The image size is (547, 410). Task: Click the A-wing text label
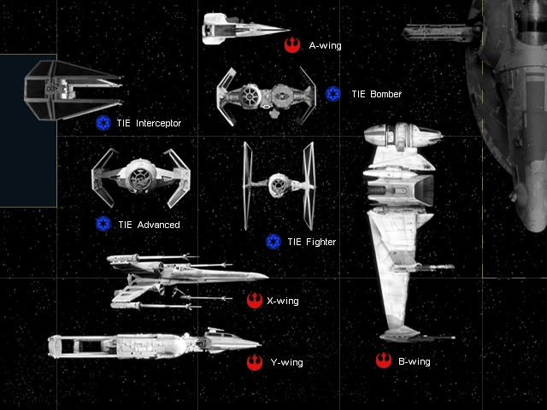coord(325,45)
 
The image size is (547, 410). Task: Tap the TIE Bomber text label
coord(375,94)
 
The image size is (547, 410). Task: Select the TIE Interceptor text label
coord(149,124)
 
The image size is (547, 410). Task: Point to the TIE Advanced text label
coord(149,225)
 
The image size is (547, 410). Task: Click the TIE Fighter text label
coord(311,243)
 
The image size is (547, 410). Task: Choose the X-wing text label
coord(283,301)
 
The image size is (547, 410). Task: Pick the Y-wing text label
coord(286,363)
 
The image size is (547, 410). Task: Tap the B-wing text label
coord(414,362)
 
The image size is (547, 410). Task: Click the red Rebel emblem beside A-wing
coord(292,44)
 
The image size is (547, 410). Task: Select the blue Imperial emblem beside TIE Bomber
coord(333,93)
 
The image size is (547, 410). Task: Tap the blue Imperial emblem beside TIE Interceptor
coord(103,123)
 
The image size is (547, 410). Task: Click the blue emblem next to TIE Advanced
coord(103,224)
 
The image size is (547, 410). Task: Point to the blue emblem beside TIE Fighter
coord(273,242)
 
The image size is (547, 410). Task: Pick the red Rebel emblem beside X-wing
coord(254,300)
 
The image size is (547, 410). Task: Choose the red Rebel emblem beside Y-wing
coord(254,363)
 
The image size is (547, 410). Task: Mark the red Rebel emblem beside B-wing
coord(382,361)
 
